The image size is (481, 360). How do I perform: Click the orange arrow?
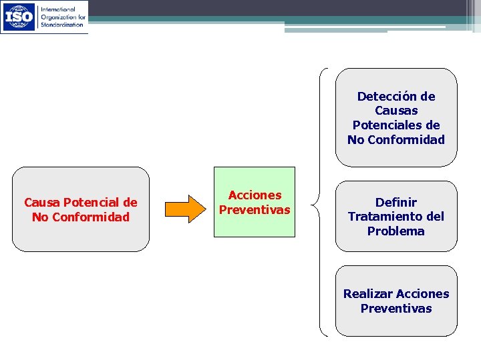pyautogui.click(x=186, y=209)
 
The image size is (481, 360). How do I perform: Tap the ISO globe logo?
pyautogui.click(x=19, y=17)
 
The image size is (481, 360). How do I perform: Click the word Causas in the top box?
pyautogui.click(x=396, y=111)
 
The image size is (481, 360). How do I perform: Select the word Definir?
pyautogui.click(x=396, y=202)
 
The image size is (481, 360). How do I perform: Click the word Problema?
pyautogui.click(x=396, y=231)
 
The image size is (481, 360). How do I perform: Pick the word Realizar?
pyautogui.click(x=368, y=294)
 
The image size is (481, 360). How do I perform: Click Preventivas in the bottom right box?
pyautogui.click(x=396, y=309)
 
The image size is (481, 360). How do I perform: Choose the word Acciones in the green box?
pyautogui.click(x=255, y=195)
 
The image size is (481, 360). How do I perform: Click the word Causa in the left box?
pyautogui.click(x=42, y=202)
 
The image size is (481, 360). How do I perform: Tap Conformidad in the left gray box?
pyautogui.click(x=90, y=217)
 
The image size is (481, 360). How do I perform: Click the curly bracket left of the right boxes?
pyautogui.click(x=322, y=202)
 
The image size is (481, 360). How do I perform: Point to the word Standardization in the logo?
pyautogui.click(x=62, y=24)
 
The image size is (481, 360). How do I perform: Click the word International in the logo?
pyautogui.click(x=59, y=9)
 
